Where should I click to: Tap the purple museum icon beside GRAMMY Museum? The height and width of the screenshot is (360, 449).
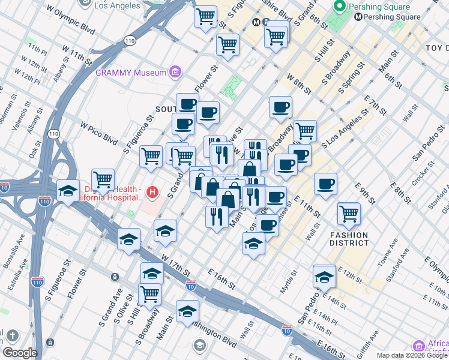[175, 73]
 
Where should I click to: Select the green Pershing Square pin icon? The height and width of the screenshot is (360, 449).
[340, 7]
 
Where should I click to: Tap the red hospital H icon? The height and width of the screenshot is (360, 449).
[153, 193]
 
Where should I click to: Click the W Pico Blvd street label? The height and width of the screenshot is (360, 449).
[98, 131]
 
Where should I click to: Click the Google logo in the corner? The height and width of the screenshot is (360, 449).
[19, 353]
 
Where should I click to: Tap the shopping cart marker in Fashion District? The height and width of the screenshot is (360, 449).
[349, 213]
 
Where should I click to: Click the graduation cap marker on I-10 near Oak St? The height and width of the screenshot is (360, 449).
[68, 191]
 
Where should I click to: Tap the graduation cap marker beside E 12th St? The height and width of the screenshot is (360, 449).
[324, 277]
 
